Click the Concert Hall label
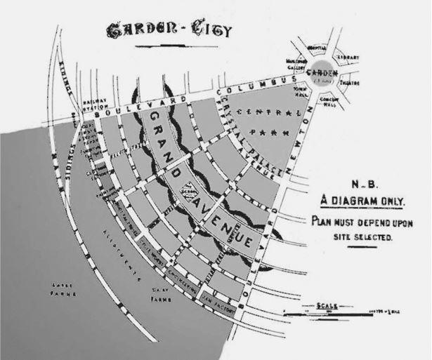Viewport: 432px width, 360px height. tap(329, 104)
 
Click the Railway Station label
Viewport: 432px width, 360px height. tap(93, 104)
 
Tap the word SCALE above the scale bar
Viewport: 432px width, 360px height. tap(327, 305)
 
